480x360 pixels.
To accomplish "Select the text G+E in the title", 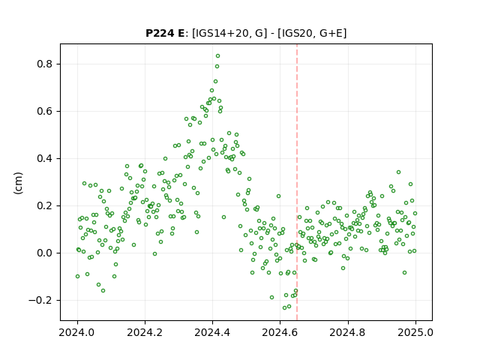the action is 331,33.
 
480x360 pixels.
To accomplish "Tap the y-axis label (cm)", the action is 18,183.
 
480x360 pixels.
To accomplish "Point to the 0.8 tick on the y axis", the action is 44,64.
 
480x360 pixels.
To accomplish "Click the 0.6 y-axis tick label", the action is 44,111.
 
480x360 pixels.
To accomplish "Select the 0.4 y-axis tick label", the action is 44,158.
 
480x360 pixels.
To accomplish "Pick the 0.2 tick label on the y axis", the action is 44,205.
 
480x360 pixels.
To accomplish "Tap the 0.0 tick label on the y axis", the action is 44,253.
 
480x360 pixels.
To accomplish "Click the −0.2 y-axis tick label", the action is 40,300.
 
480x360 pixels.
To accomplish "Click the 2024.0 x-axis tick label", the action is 77,332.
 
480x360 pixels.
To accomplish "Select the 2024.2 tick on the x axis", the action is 145,332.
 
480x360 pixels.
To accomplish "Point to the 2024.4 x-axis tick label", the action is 212,332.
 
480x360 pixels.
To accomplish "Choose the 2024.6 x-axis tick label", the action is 280,332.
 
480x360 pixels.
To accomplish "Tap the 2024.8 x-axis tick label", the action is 347,332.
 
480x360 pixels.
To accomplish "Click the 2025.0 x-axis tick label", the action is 415,332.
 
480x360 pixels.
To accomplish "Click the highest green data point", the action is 217,56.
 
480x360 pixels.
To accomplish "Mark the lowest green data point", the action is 285,307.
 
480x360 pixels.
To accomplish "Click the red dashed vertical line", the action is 297,182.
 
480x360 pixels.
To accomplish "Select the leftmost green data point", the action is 77,277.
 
